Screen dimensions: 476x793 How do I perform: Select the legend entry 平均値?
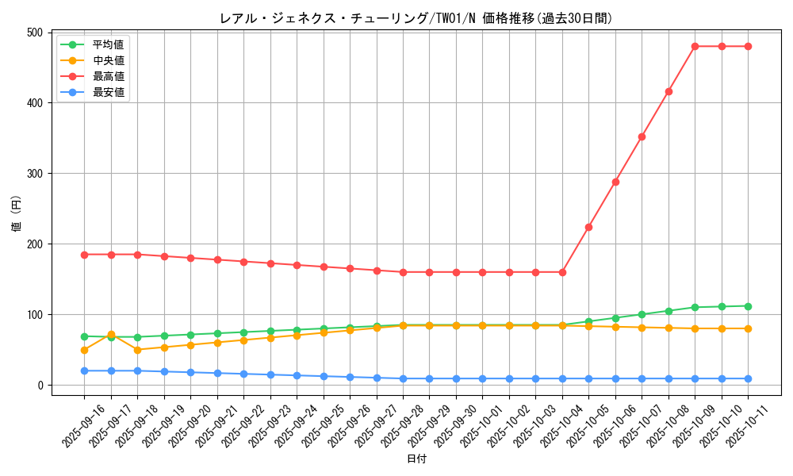click(x=108, y=44)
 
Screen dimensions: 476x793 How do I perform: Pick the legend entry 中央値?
click(x=108, y=60)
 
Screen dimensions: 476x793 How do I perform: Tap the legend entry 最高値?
click(x=108, y=76)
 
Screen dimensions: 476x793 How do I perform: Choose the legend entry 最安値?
click(x=108, y=92)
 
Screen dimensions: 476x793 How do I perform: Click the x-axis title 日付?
click(x=416, y=459)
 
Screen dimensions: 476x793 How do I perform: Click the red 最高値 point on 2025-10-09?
click(x=695, y=46)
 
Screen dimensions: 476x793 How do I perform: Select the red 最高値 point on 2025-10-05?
click(x=588, y=227)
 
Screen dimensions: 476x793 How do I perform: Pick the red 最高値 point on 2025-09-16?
click(x=84, y=255)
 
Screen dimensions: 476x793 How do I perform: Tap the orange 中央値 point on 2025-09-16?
click(x=84, y=350)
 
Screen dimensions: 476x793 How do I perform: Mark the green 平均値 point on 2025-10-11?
click(x=748, y=306)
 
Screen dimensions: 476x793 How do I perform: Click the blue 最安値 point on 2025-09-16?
click(x=84, y=370)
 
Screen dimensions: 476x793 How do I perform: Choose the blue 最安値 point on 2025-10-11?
click(x=748, y=378)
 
